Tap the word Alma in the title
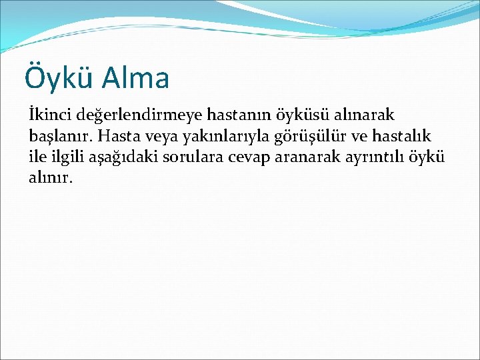[136, 77]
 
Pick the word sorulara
[187, 157]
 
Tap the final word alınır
[50, 178]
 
